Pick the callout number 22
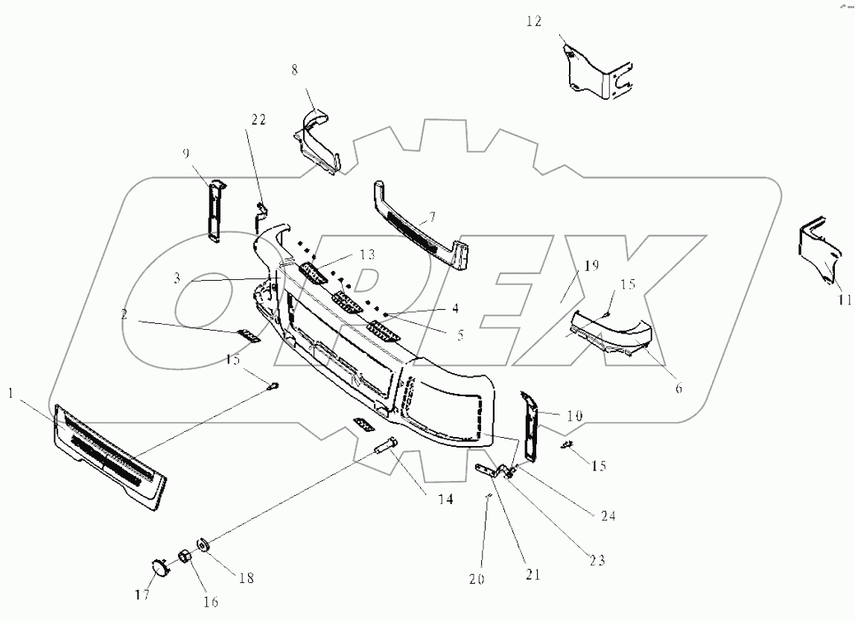coord(258,120)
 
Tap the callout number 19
coord(591,265)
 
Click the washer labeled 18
coord(202,546)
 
